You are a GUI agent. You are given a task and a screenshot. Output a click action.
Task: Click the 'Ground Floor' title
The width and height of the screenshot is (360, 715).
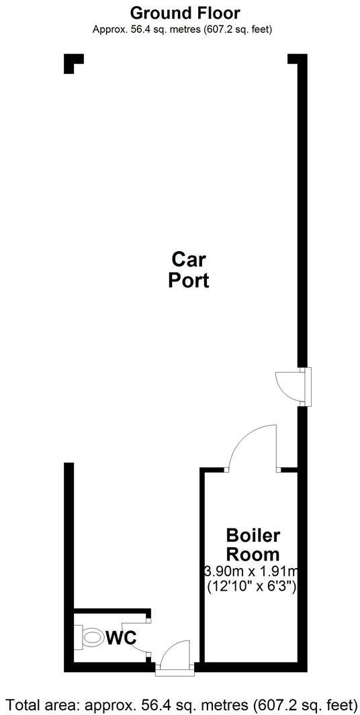click(x=185, y=13)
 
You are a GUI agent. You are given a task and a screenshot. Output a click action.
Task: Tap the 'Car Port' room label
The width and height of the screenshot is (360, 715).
click(x=188, y=269)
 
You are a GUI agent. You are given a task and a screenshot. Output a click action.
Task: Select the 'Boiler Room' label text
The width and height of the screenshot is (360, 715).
click(x=253, y=545)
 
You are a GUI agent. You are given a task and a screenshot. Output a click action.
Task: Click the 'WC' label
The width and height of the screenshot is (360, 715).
click(x=121, y=637)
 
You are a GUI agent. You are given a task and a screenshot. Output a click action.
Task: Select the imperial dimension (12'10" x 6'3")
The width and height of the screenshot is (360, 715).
click(x=253, y=586)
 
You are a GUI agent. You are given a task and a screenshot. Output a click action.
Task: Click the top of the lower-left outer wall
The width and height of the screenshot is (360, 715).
click(x=69, y=466)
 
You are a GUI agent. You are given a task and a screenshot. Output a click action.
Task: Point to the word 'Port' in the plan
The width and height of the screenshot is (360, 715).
click(x=188, y=281)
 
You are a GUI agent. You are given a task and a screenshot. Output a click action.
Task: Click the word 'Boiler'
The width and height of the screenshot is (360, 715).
click(x=253, y=536)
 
